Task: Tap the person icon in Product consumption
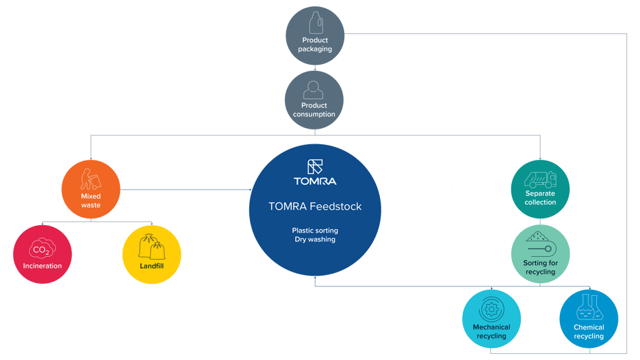click(313, 90)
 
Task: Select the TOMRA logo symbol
click(315, 167)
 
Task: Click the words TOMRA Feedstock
click(315, 206)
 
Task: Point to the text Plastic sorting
click(315, 231)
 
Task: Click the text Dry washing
click(315, 239)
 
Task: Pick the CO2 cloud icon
click(42, 249)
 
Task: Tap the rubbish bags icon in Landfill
click(152, 247)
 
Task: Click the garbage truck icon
click(540, 179)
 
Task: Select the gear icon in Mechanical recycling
click(491, 309)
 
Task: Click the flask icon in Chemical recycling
click(589, 307)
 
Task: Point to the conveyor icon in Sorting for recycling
click(540, 244)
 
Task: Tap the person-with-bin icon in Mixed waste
click(90, 179)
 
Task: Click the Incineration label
click(42, 266)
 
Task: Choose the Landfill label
click(152, 266)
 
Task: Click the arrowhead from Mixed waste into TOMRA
click(250, 189)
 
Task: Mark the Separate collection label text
click(540, 198)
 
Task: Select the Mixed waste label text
click(91, 201)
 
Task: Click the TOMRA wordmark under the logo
click(315, 181)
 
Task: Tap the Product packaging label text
click(315, 44)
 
